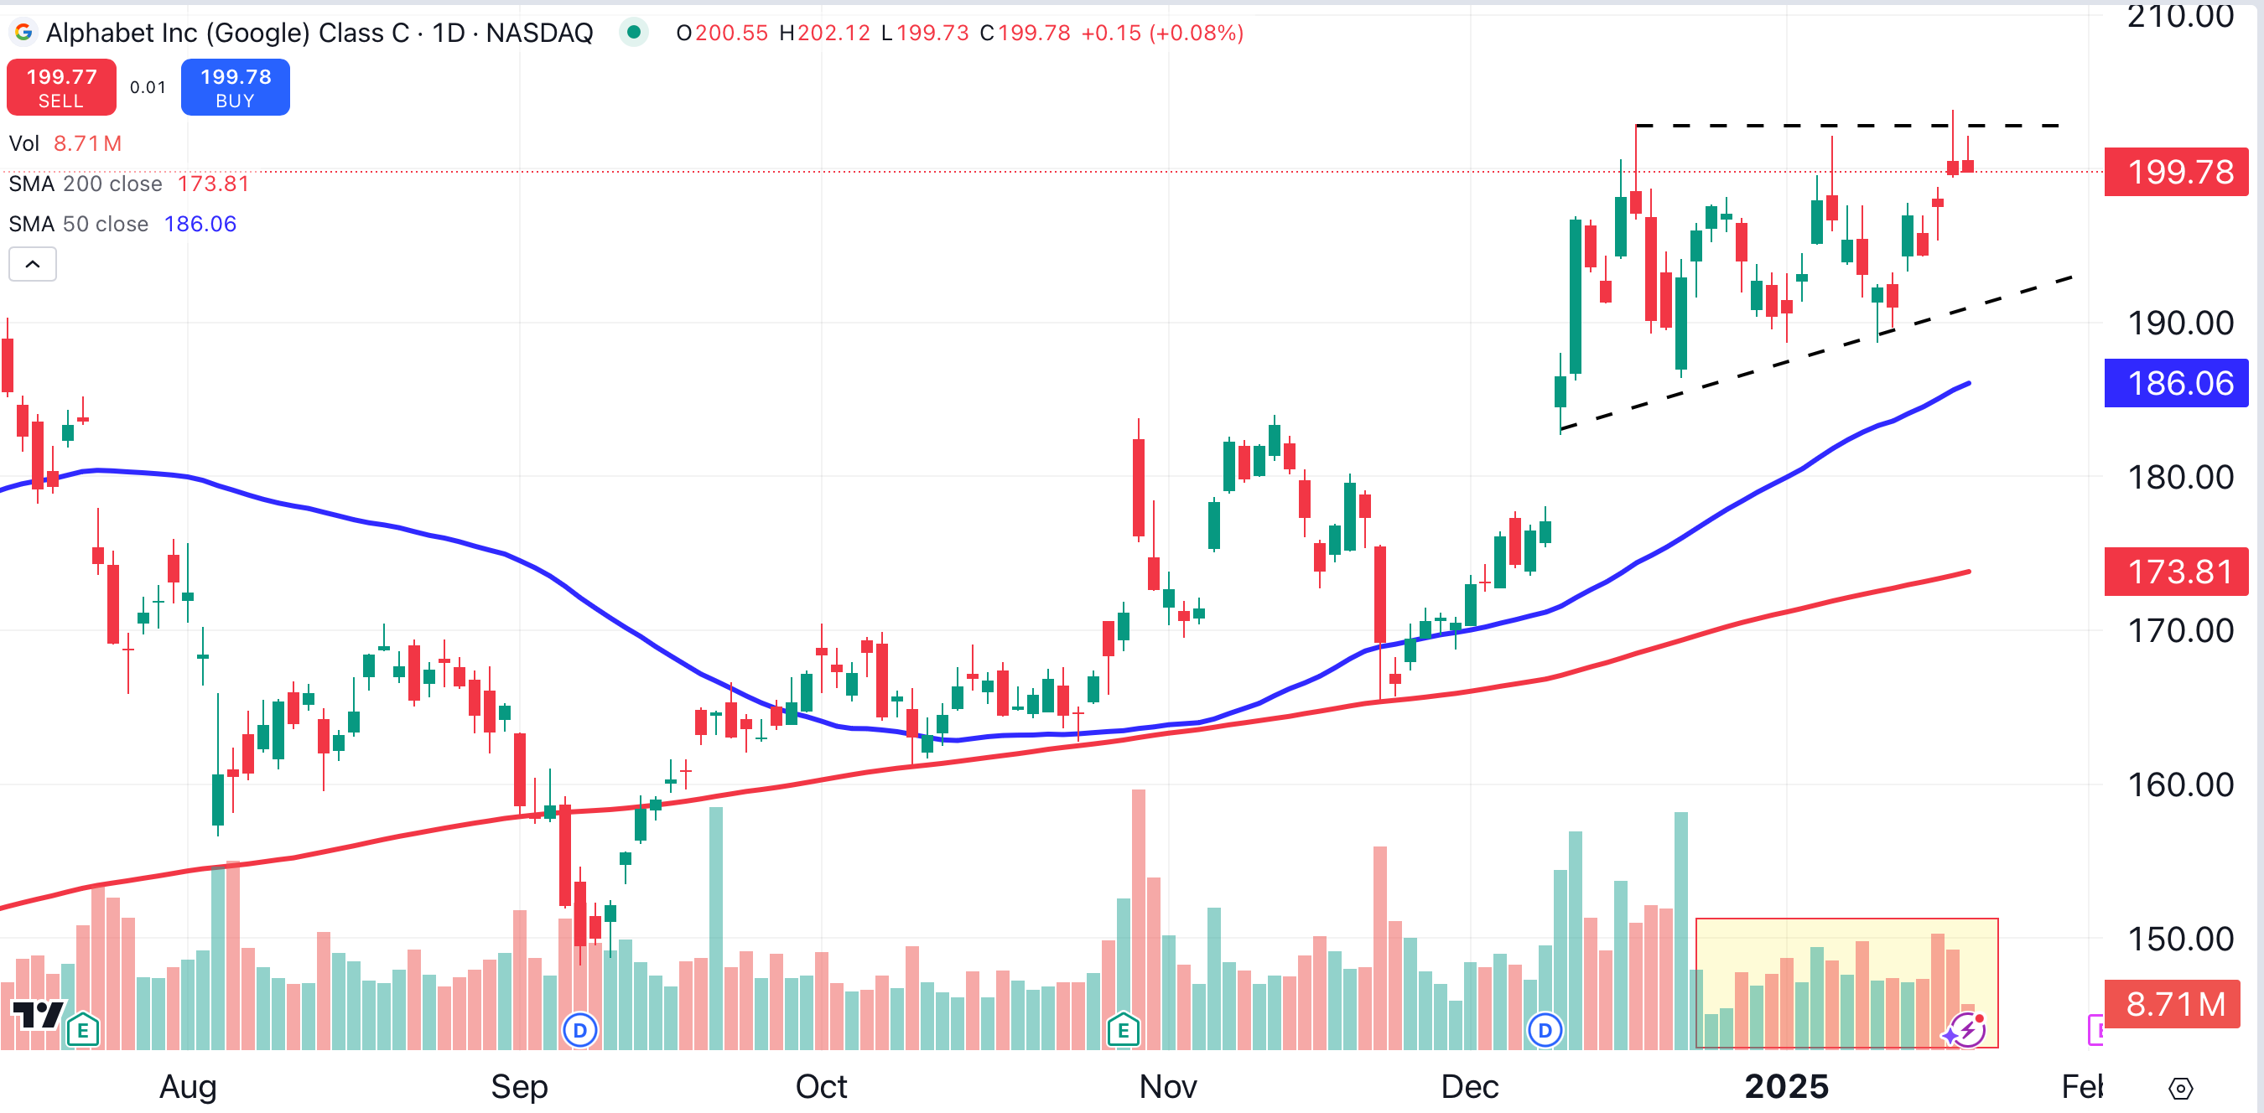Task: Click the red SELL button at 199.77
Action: [60, 87]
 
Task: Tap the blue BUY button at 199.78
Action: [235, 87]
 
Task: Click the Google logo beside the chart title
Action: [23, 33]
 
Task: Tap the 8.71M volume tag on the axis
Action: [2175, 1003]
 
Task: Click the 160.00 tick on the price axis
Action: [2179, 784]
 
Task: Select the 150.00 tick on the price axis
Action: [2179, 939]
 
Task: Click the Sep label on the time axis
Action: [518, 1087]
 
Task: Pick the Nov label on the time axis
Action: [1167, 1087]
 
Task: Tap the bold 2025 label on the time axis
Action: [1786, 1087]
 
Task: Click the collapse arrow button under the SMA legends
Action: [33, 263]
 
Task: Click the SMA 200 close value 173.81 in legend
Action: [214, 184]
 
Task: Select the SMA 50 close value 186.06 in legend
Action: [200, 224]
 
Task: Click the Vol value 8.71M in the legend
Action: [87, 143]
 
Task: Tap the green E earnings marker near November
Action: [1124, 1029]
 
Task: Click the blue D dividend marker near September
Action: [580, 1029]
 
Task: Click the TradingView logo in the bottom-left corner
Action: [37, 1016]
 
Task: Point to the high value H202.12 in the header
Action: [824, 34]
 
